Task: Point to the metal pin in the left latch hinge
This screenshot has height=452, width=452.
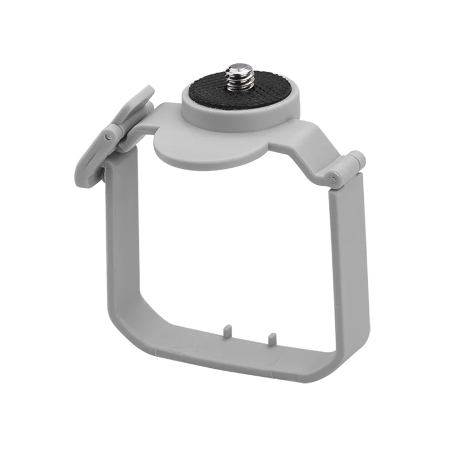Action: coord(107,137)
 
